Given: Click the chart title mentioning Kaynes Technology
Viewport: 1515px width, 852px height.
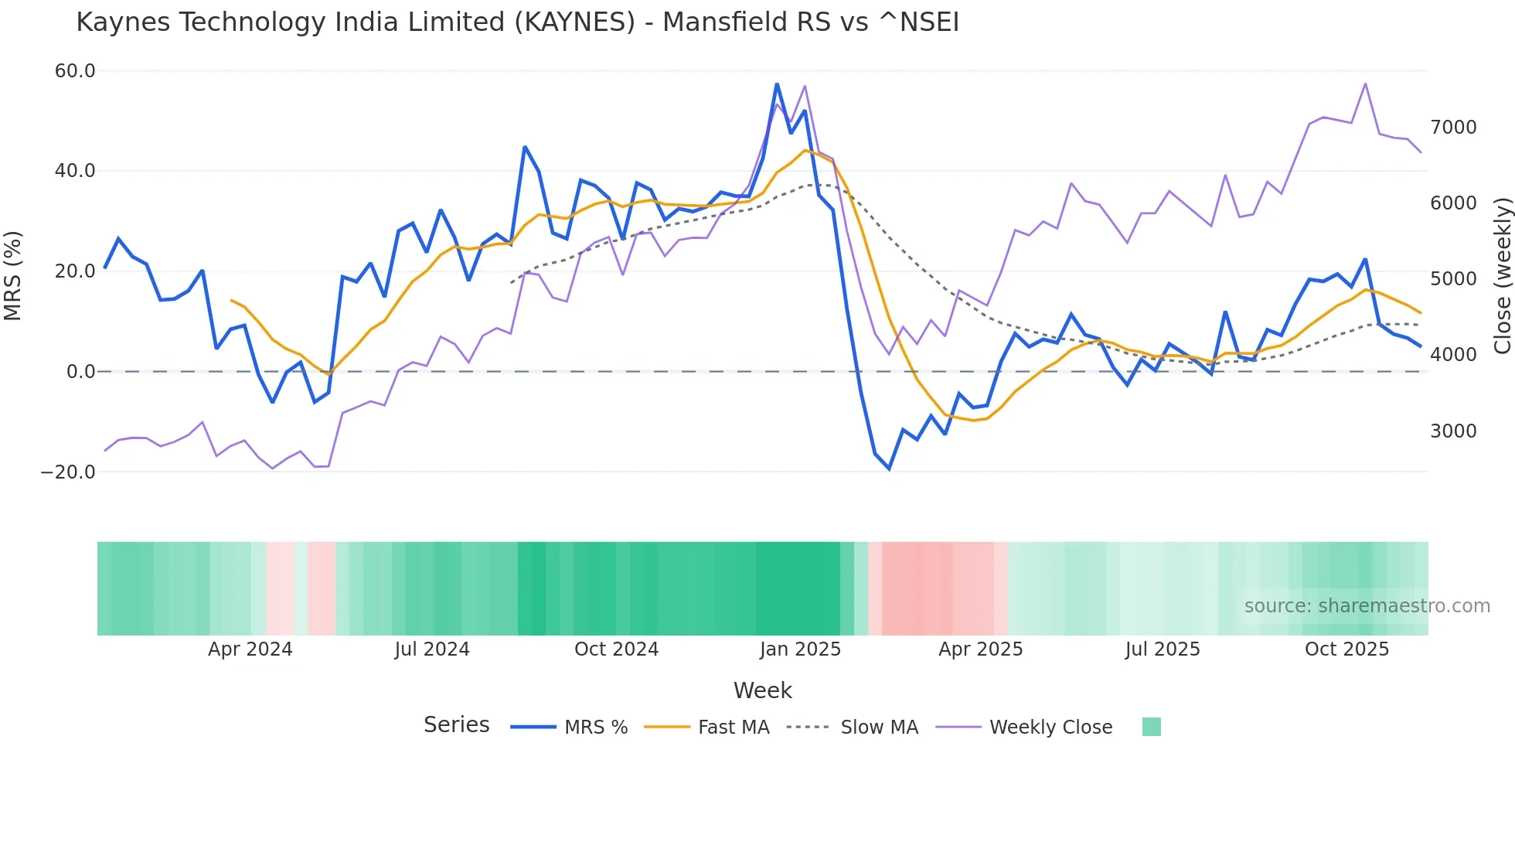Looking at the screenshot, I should click(517, 22).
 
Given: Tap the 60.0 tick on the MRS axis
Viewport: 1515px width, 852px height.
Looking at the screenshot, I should click(75, 71).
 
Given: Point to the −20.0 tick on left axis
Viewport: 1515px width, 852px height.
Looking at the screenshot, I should click(68, 472).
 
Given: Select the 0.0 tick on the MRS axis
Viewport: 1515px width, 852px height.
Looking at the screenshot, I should click(80, 372).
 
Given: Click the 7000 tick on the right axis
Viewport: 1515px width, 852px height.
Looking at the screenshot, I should click(1453, 128).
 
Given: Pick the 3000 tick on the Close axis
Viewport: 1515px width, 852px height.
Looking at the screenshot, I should click(1453, 431).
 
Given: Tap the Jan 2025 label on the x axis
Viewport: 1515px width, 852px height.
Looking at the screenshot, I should click(800, 649).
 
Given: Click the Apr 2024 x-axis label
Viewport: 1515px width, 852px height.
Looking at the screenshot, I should click(250, 649).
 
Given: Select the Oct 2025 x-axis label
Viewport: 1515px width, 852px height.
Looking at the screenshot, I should click(1346, 649).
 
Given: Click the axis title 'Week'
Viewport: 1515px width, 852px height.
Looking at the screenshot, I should click(762, 690).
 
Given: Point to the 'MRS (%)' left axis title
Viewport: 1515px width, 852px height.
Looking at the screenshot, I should click(13, 275).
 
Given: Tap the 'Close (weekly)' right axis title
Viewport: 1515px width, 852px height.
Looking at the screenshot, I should click(1502, 275).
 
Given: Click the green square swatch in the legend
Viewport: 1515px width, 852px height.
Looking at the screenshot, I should click(1151, 727).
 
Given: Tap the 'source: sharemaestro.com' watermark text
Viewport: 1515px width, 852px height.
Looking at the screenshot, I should click(1367, 606).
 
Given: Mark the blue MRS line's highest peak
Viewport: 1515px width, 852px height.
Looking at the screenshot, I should click(777, 84).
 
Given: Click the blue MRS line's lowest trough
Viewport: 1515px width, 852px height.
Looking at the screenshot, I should click(889, 469).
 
